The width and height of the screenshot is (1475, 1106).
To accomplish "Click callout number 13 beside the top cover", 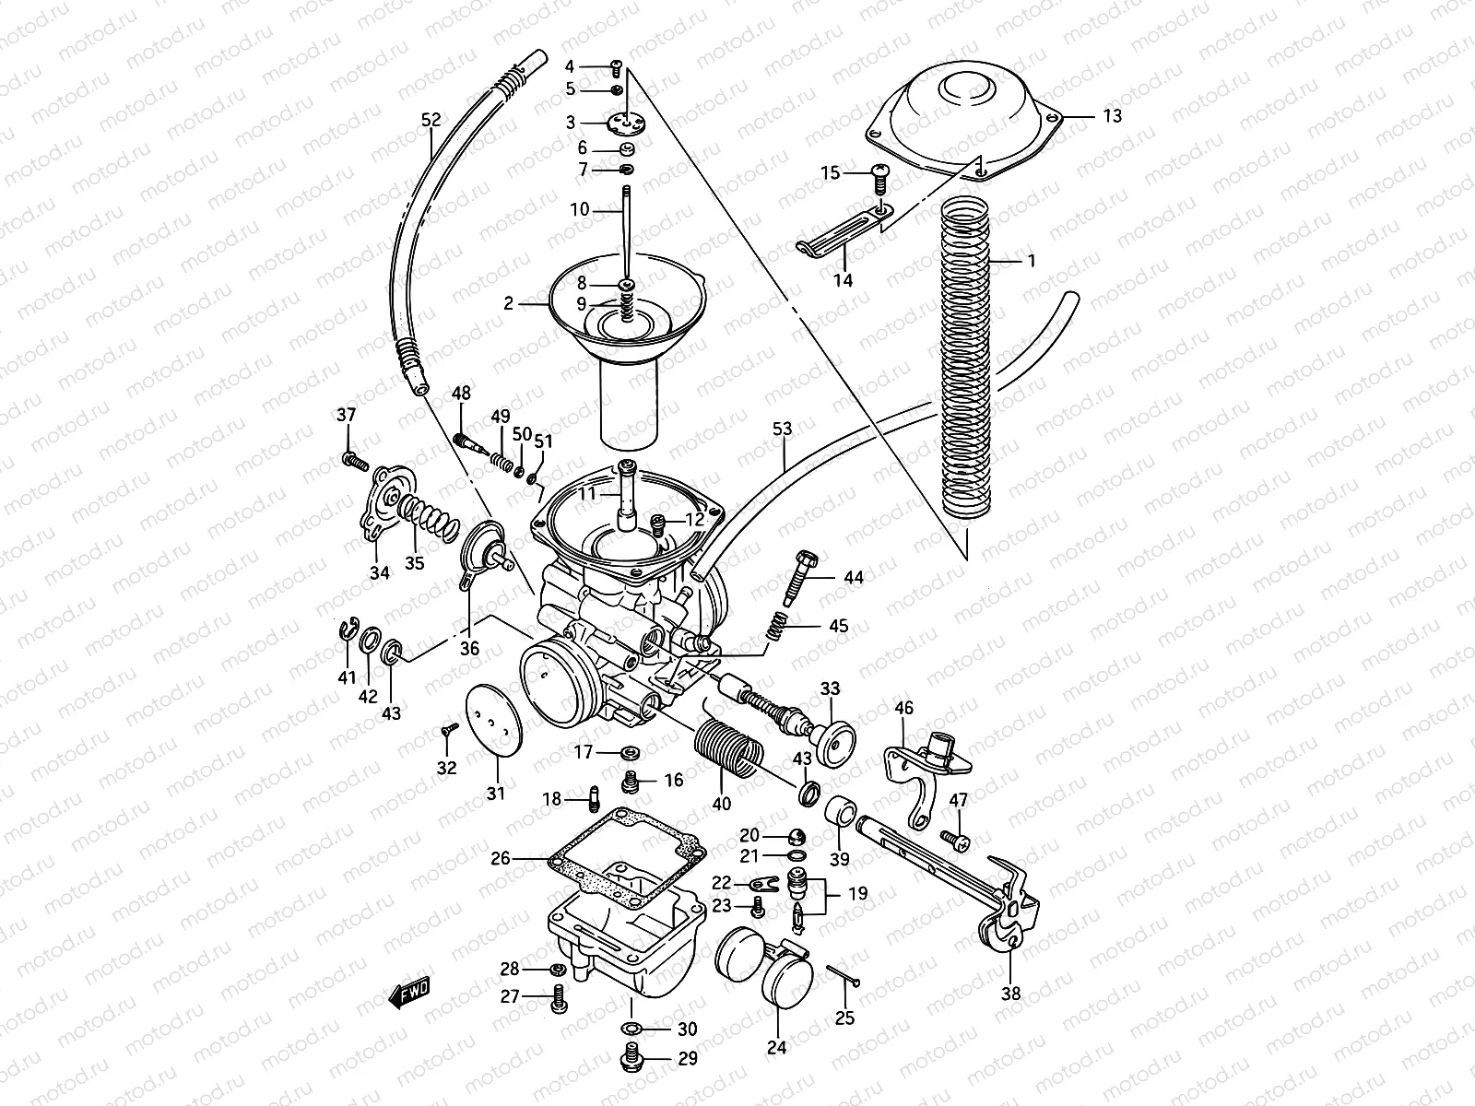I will coord(1112,116).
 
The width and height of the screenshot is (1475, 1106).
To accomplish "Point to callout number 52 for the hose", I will coord(431,121).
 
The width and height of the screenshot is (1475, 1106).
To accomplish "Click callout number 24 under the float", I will coord(776,1048).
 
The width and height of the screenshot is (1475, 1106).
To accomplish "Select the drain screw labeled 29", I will coord(633,1058).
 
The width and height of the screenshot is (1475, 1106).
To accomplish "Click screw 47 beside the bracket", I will coord(955,841).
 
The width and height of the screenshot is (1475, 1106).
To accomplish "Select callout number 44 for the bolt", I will coord(853,578).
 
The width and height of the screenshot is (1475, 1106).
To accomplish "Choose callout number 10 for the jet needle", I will coord(579,210).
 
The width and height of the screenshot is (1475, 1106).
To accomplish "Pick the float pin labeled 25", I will coord(844,977).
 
